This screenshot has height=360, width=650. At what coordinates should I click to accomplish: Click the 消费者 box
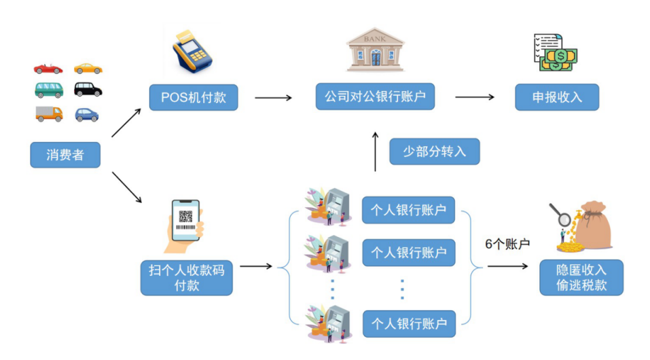65,155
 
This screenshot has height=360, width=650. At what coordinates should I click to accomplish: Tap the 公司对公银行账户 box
374,97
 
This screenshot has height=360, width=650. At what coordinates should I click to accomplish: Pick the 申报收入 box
557,97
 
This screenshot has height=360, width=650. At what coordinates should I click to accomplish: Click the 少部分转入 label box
434,151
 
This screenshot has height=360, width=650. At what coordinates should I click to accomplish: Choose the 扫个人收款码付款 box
186,278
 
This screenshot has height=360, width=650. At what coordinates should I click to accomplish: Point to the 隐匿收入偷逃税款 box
581,277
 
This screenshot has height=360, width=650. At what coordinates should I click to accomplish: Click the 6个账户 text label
507,244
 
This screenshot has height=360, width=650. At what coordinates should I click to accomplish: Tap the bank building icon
374,50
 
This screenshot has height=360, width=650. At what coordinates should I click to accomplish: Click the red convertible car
48,69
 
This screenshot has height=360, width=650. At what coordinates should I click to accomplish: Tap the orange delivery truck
49,113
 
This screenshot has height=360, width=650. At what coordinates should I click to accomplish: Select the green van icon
49,90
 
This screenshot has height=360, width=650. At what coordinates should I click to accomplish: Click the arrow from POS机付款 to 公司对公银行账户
273,98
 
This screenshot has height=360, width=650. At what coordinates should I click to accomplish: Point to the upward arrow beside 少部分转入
374,150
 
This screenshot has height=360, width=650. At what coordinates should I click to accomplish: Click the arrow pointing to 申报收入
474,97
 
